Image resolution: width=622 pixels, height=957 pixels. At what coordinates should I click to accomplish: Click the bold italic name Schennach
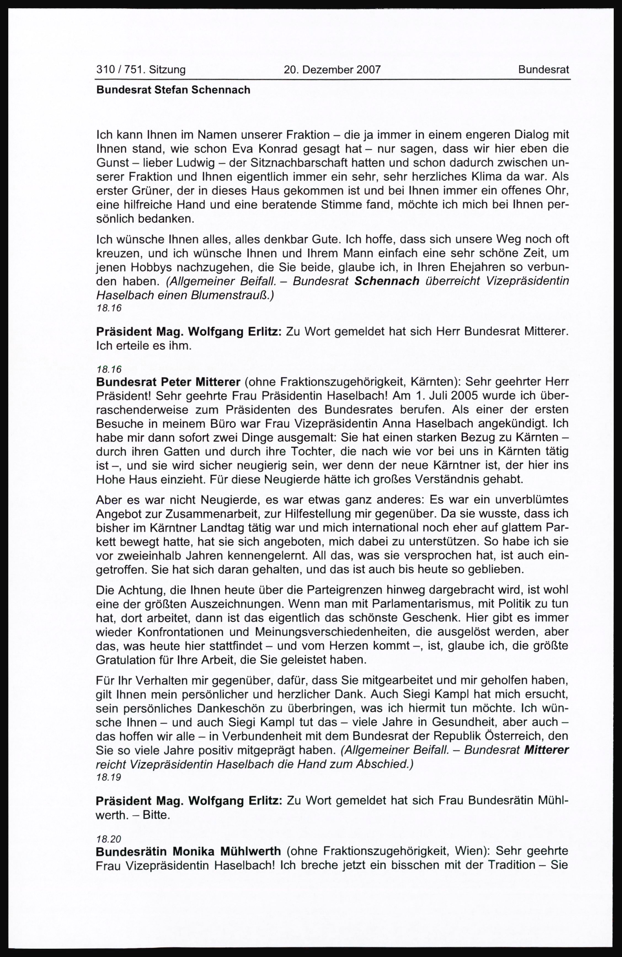click(387, 281)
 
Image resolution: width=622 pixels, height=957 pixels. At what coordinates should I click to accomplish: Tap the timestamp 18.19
click(109, 778)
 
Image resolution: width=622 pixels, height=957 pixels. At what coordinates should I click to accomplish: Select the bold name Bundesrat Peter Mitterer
click(168, 381)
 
